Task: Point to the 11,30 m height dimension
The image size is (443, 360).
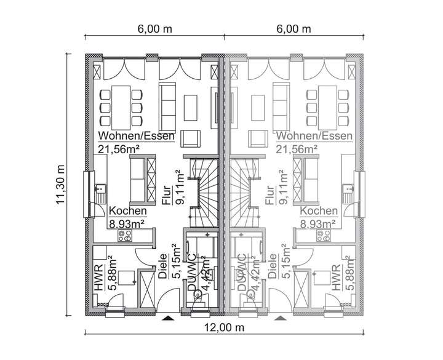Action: click(x=60, y=185)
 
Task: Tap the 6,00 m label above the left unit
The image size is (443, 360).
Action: click(x=153, y=29)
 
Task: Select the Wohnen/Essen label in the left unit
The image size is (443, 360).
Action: click(x=136, y=136)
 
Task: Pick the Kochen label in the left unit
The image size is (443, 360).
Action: click(x=128, y=211)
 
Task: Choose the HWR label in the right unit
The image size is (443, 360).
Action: click(x=335, y=278)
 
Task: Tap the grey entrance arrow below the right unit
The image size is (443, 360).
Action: click(x=279, y=319)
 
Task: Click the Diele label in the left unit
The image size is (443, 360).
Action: click(x=162, y=268)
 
